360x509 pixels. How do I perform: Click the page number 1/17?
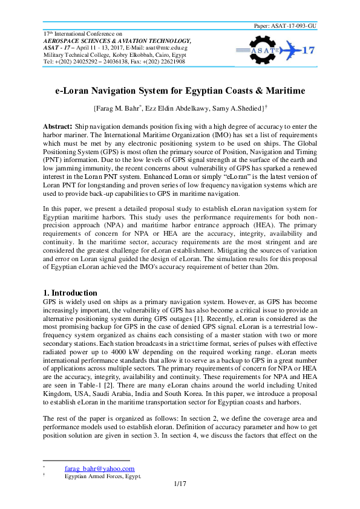tap(180, 484)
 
